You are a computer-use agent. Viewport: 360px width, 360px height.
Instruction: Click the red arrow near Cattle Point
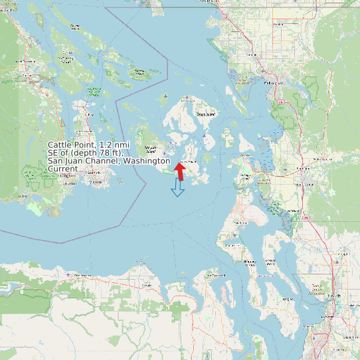pos(179,171)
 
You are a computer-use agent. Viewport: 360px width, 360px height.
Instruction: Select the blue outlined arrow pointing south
pos(177,188)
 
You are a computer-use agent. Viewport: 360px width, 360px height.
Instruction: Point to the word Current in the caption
pos(62,169)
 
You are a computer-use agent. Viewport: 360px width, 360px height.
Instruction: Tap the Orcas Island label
pos(206,114)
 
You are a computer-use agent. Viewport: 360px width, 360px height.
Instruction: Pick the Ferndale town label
pos(252,54)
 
